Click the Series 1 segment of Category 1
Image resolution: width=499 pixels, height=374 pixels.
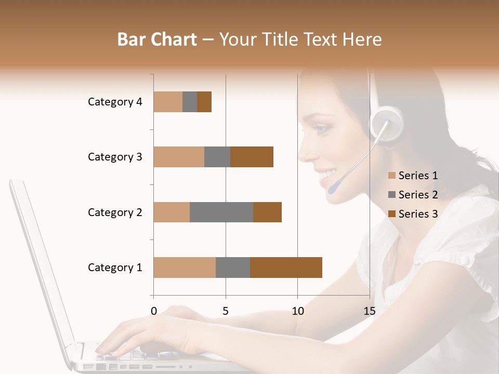185,268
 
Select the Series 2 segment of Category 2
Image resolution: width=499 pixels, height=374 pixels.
221,212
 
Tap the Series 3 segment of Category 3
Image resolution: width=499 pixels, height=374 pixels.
252,157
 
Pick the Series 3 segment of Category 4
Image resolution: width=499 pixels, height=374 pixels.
204,102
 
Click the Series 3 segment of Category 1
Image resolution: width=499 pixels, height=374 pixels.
286,268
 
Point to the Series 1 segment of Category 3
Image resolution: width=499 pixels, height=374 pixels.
179,157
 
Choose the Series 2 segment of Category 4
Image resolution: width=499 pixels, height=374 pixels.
190,102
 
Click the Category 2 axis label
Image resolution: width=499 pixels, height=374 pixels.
115,212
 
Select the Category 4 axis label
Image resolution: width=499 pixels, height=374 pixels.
115,102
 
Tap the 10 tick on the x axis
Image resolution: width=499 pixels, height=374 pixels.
297,311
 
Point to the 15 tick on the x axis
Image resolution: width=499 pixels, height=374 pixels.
369,311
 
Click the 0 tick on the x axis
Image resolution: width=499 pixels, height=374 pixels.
153,311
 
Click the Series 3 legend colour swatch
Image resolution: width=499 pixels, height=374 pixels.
392,214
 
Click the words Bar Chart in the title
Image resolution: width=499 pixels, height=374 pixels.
157,39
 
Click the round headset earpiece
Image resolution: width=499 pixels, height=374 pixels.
387,124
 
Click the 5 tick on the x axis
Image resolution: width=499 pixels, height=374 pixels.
226,311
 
